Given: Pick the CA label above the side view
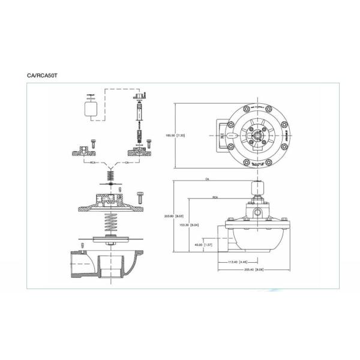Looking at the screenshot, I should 206,179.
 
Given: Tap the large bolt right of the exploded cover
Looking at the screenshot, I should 140,196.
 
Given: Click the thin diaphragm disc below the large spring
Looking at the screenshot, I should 112,242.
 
